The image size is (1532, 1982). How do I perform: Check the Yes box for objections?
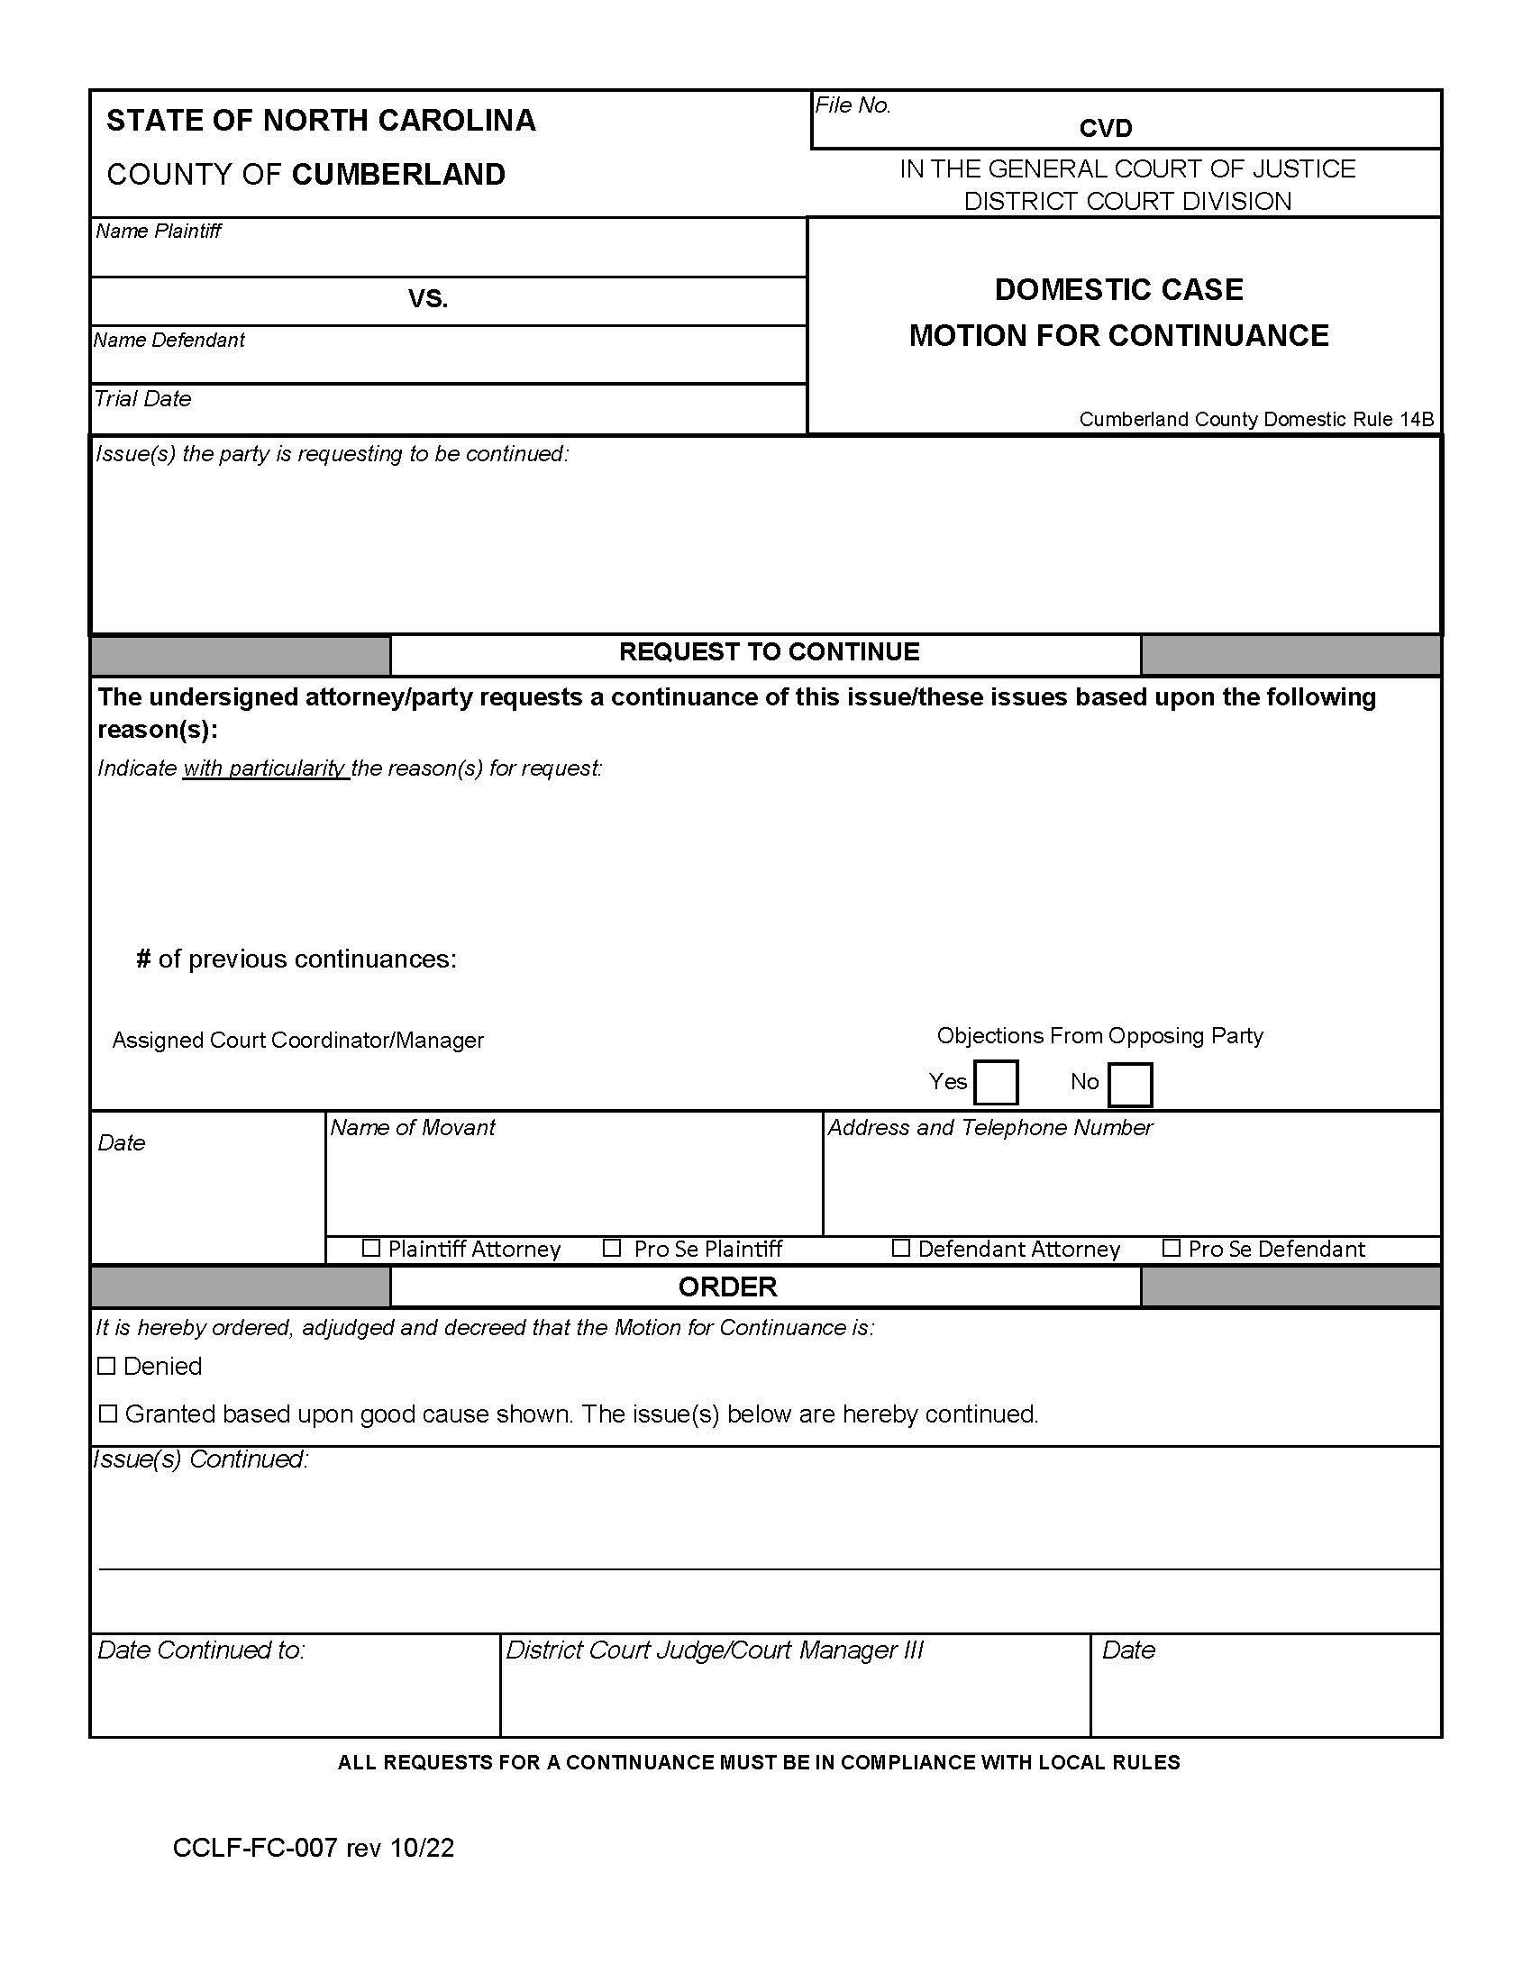[x=995, y=1082]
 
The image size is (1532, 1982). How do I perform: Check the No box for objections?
[x=1129, y=1084]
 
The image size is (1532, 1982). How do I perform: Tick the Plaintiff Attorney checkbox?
[x=370, y=1248]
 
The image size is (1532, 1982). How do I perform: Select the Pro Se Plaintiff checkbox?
[x=612, y=1248]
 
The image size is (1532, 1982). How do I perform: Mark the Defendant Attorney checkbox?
[x=900, y=1248]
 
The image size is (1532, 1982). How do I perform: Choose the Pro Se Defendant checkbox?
[x=1171, y=1248]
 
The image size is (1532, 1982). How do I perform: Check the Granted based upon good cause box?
[x=108, y=1413]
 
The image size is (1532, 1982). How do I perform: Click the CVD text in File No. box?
[x=1105, y=128]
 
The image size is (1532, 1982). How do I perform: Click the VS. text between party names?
[x=427, y=298]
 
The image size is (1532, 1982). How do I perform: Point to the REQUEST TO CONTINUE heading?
[x=768, y=651]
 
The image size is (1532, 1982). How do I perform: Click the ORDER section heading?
[x=727, y=1286]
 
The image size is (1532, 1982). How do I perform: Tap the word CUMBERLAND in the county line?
[x=398, y=174]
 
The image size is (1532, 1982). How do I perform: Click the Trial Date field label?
[x=142, y=398]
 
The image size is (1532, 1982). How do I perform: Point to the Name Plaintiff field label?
[x=158, y=231]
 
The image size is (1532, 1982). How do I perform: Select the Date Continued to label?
[x=201, y=1650]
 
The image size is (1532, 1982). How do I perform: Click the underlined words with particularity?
[x=264, y=768]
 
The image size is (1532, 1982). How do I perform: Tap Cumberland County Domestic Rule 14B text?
[x=1255, y=419]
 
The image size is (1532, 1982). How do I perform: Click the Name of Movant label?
[x=412, y=1127]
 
